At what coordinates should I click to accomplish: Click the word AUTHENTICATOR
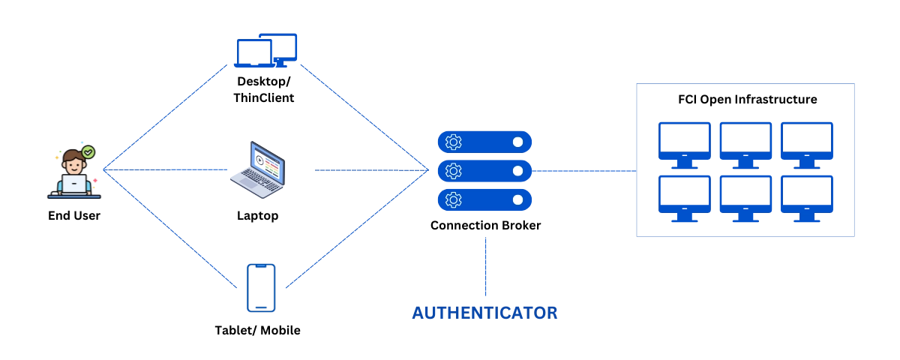point(484,313)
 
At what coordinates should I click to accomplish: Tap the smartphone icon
point(261,287)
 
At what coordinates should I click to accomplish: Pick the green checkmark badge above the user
point(88,152)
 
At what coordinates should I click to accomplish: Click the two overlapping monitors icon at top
point(267,50)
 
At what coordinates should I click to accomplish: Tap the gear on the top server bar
point(453,142)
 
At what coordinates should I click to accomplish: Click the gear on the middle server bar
point(453,171)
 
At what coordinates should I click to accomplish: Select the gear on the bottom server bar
point(453,199)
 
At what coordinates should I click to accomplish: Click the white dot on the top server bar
point(517,142)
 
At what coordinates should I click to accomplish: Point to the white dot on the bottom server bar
point(517,199)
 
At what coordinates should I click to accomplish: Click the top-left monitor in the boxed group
point(684,143)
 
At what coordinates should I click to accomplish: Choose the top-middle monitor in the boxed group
point(745,143)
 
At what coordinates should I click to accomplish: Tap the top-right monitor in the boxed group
point(807,143)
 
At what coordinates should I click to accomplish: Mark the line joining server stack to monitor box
point(585,171)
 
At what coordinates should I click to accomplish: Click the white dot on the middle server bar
point(517,171)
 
